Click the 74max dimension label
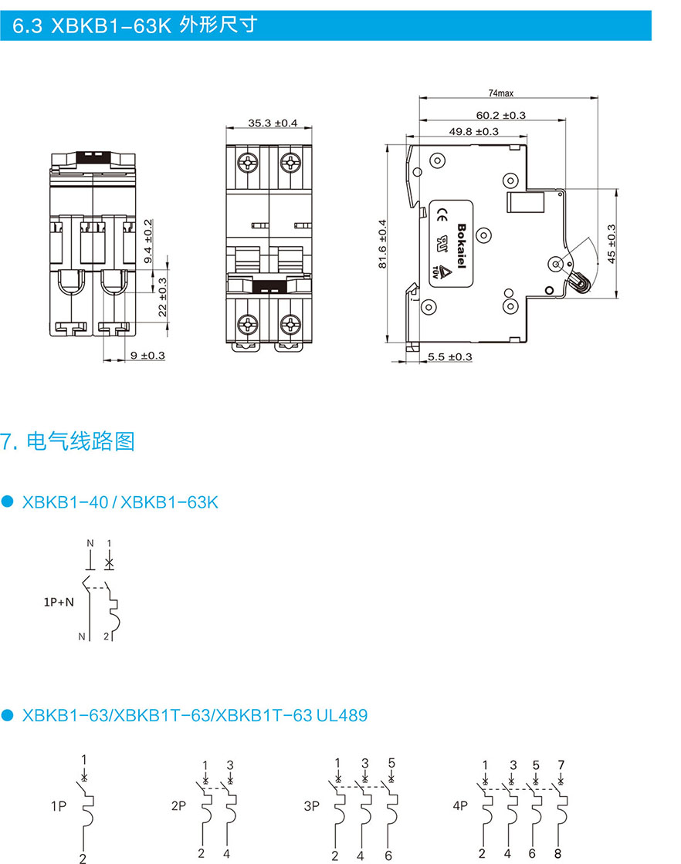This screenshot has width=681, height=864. [x=500, y=93]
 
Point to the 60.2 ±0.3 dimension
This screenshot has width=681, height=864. [x=500, y=115]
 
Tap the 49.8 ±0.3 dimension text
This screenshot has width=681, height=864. [x=473, y=131]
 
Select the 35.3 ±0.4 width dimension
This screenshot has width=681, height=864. [x=273, y=123]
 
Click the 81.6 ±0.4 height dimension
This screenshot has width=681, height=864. [x=382, y=244]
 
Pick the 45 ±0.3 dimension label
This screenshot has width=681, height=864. [x=612, y=244]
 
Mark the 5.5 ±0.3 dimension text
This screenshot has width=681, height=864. [x=449, y=356]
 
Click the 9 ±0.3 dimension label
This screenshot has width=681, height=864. [x=147, y=356]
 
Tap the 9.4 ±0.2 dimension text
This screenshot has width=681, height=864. [x=148, y=241]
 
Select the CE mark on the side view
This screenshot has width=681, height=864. [x=443, y=214]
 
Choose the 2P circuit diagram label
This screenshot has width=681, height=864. [x=178, y=806]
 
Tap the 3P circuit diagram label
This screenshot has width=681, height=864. [x=311, y=806]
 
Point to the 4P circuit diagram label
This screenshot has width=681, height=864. [x=460, y=806]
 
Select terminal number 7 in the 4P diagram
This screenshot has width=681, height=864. [x=561, y=764]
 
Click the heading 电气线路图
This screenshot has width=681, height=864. [x=80, y=441]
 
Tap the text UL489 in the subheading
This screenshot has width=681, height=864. [x=341, y=715]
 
